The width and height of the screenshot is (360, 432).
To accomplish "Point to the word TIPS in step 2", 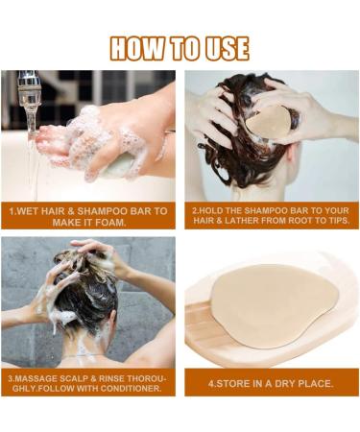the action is click(339, 221).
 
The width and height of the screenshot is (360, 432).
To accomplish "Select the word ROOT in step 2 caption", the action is click(300, 221).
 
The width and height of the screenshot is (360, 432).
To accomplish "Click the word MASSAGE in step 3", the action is click(35, 378).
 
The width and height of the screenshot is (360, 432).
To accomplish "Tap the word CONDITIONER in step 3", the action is click(131, 389).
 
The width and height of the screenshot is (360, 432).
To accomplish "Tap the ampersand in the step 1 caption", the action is click(71, 211).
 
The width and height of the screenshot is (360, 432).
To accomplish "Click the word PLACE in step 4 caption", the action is click(316, 384).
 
